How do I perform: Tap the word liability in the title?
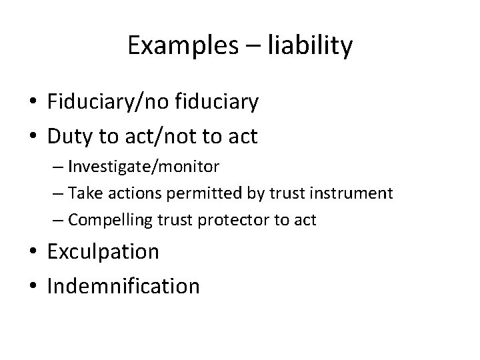(310, 46)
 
